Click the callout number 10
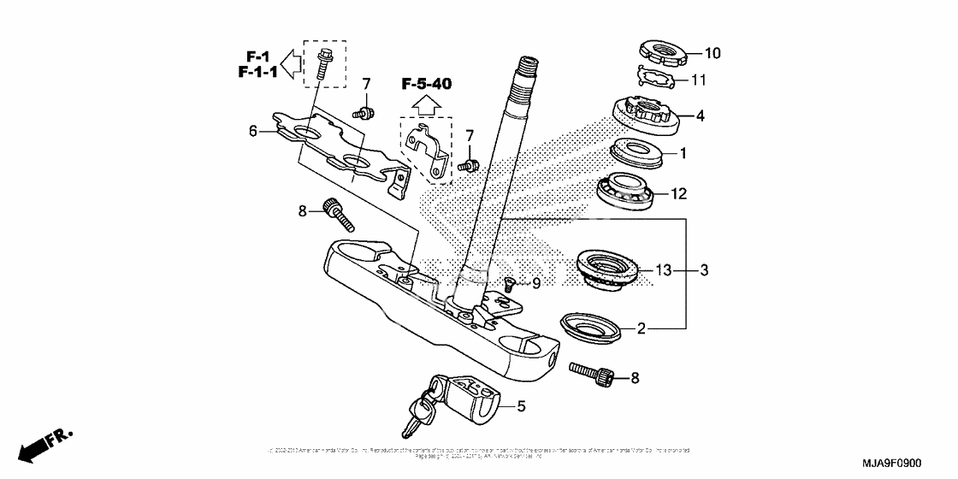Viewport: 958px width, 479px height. coord(712,53)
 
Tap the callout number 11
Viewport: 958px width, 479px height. coord(699,80)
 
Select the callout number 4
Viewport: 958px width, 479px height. coord(700,115)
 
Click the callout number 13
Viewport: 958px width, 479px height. coord(665,270)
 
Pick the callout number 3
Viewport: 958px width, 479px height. coord(703,270)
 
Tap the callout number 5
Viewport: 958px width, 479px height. coord(521,407)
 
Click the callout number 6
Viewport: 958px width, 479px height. coord(253,131)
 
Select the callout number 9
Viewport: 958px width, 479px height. coord(536,282)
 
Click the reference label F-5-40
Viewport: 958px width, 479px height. coord(427,84)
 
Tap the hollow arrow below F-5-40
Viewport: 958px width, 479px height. coord(427,105)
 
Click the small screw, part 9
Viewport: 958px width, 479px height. coord(509,283)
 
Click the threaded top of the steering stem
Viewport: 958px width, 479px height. coord(527,65)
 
